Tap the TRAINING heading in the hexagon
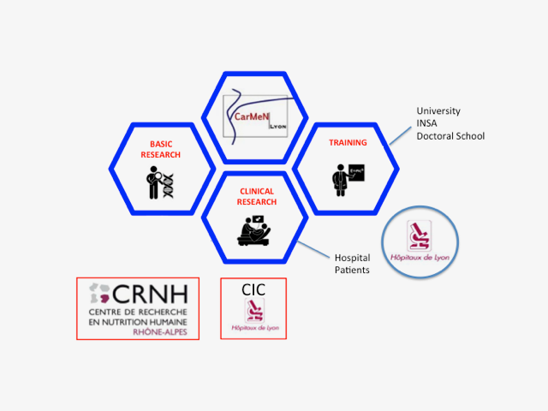(x=347, y=142)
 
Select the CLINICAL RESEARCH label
(x=257, y=196)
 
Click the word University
(x=438, y=111)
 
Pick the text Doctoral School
(x=450, y=136)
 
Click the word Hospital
(x=352, y=257)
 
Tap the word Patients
(x=351, y=270)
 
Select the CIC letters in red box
(x=253, y=290)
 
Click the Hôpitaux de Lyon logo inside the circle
(x=420, y=240)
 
